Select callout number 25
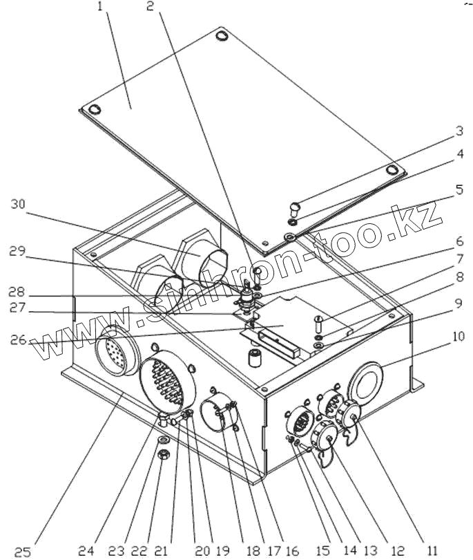coord(23,551)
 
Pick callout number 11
coord(432,550)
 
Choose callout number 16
coord(292,551)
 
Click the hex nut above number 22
coord(164,455)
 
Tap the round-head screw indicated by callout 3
coord(295,205)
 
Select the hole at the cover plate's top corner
coord(222,34)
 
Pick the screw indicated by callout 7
coord(319,323)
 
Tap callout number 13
coord(371,550)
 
